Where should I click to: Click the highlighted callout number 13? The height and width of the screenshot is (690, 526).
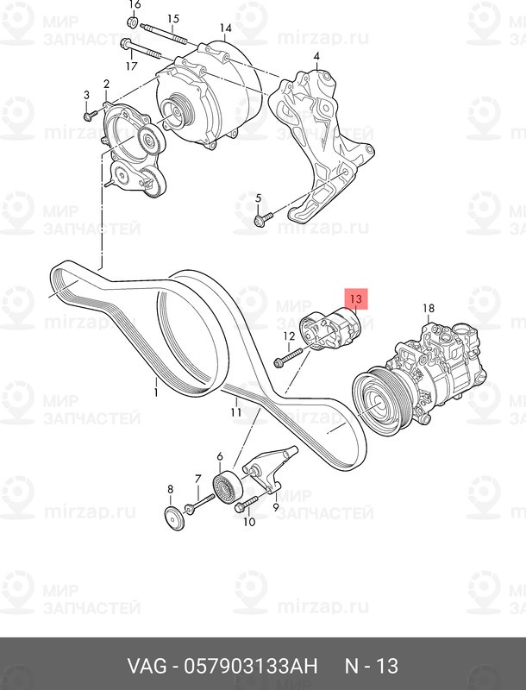point(356,299)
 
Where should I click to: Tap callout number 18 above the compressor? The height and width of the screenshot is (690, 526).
point(429,308)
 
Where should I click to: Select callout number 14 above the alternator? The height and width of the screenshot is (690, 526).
point(226,28)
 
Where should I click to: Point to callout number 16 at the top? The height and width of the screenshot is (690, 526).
point(316,56)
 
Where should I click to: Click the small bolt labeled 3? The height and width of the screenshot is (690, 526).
point(91,116)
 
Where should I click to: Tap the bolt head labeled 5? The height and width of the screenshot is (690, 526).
point(260,221)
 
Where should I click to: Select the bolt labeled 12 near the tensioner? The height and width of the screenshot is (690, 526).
point(288,357)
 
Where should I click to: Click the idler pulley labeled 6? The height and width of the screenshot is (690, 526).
point(228,486)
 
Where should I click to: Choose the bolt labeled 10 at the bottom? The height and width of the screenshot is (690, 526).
point(246,504)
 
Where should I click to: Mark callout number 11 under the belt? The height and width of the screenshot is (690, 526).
point(236,412)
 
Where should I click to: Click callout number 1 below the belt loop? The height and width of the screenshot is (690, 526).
point(156,392)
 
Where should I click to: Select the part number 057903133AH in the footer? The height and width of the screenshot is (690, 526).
point(251,666)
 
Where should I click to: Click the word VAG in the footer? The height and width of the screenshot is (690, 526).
point(147,666)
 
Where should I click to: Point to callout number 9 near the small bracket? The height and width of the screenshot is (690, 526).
point(276,507)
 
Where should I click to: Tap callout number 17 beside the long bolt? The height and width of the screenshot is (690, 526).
point(131,66)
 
